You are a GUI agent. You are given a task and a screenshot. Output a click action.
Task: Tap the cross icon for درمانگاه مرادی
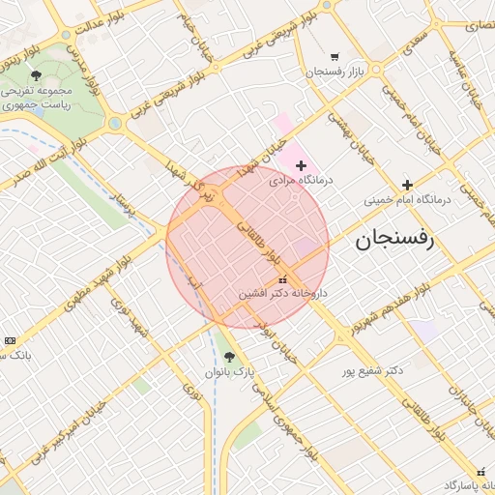(301, 166)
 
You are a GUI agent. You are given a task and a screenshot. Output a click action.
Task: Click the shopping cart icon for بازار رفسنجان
(335, 57)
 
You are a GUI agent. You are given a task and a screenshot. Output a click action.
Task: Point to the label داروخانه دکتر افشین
(283, 292)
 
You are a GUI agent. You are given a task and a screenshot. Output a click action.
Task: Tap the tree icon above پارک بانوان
(229, 357)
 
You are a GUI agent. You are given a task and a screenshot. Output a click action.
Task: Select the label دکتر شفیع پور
(372, 370)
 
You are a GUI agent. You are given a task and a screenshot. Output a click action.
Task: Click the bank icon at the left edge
(10, 340)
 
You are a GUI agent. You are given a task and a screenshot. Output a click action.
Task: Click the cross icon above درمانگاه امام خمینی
(407, 185)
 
